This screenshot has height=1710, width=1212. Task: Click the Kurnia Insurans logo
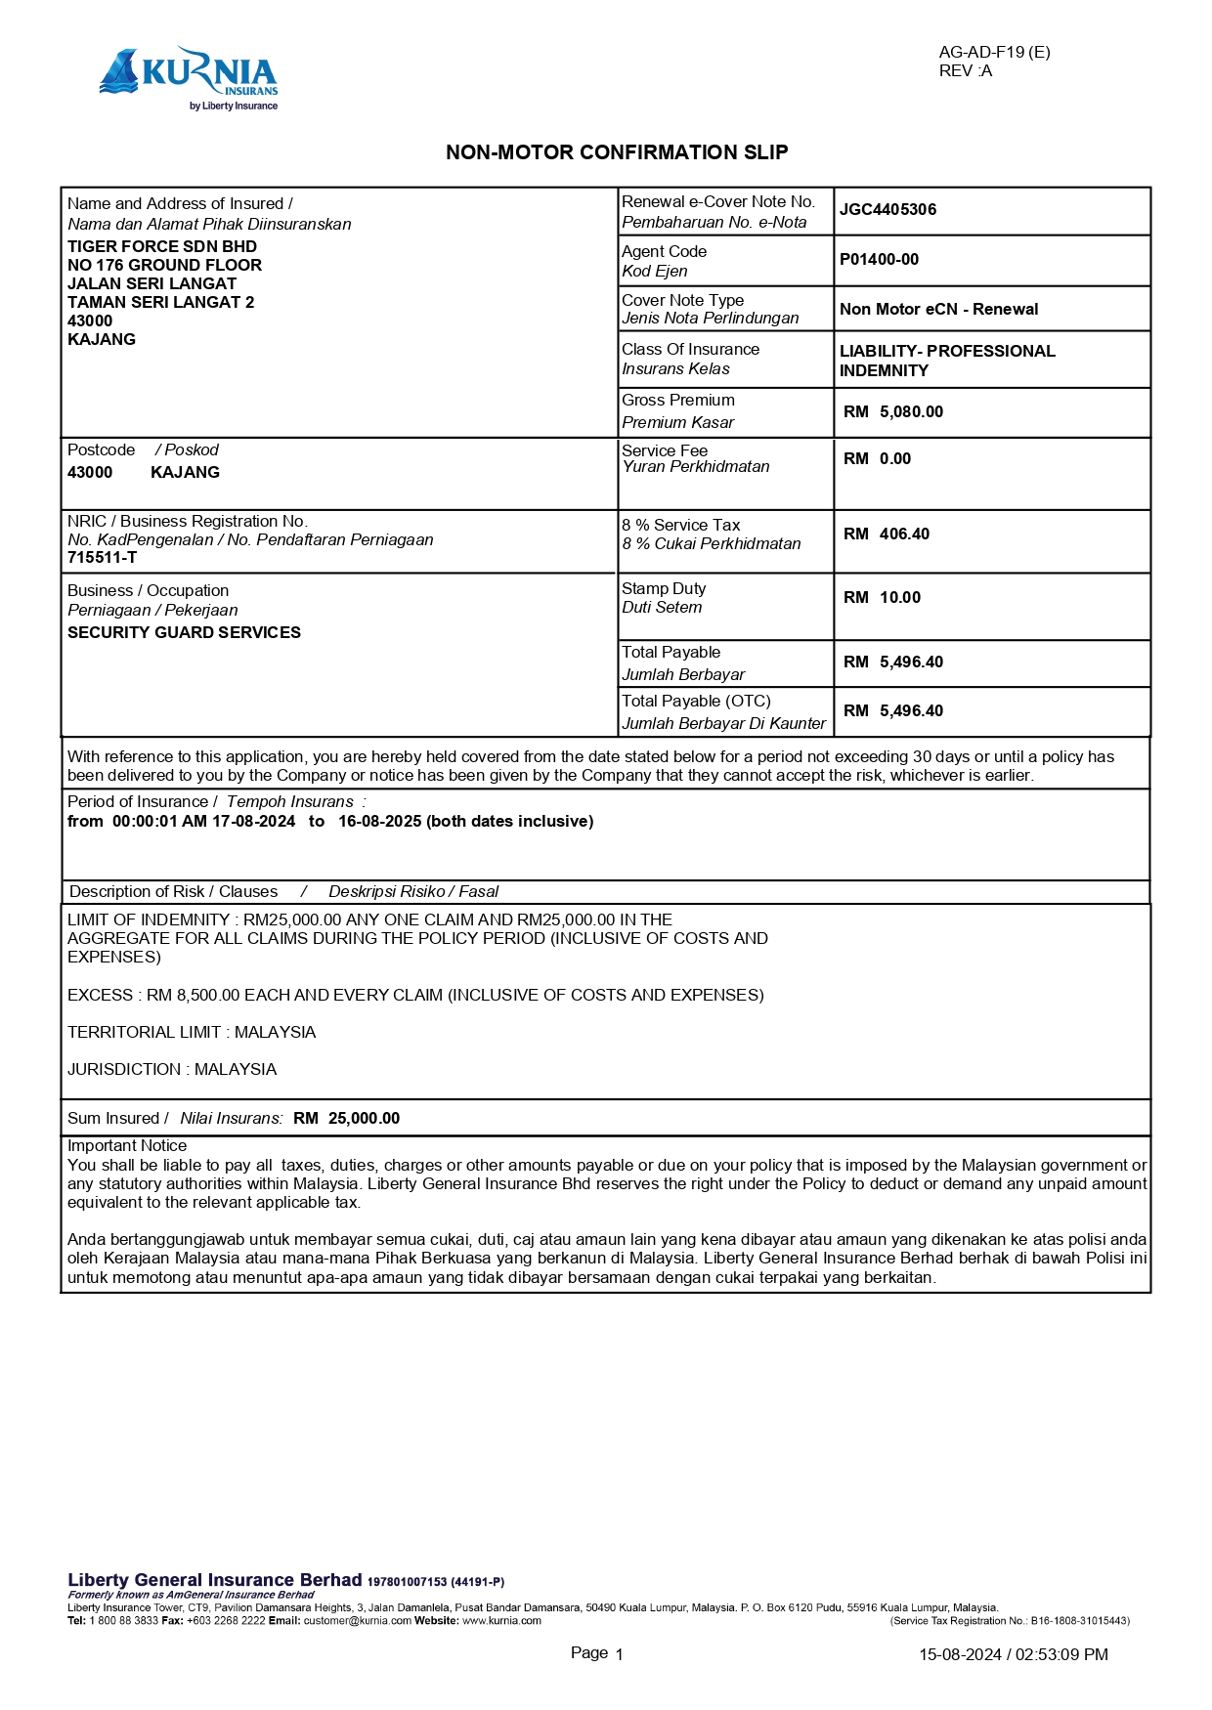189,78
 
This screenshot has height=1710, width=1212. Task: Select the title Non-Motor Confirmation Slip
617,152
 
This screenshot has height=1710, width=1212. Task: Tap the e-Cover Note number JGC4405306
887,209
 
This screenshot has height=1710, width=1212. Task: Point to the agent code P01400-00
879,259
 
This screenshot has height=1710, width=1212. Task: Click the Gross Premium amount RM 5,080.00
893,411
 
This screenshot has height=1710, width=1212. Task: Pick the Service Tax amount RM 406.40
887,534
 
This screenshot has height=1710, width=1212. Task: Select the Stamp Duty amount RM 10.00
882,597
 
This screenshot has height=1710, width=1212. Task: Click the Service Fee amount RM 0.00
877,458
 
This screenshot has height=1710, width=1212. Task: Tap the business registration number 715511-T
102,557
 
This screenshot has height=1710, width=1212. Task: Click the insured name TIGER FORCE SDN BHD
162,246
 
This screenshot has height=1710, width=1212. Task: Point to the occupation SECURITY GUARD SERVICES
184,632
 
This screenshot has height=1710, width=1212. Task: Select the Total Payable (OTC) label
696,701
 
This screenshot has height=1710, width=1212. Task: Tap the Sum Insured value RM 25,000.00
346,1118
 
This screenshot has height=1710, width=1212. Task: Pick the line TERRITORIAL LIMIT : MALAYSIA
192,1032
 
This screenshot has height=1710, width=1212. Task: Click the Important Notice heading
127,1145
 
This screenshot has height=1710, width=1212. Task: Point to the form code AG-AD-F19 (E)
994,52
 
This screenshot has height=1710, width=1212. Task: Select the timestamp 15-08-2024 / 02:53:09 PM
1013,1654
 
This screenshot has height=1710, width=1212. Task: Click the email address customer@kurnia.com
357,1620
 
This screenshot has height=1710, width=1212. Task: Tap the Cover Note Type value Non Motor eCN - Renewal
938,309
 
